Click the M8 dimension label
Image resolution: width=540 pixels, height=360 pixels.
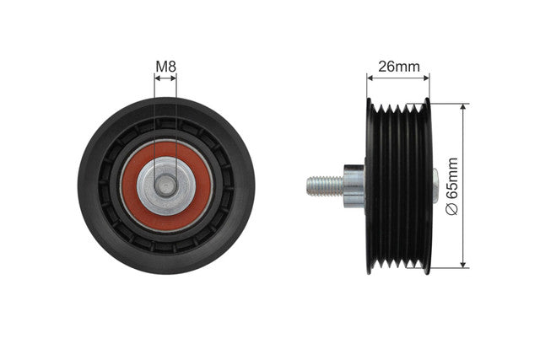coord(165,67)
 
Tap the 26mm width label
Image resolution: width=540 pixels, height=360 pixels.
coord(399,67)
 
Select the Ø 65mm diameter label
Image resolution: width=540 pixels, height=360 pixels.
coord(452,186)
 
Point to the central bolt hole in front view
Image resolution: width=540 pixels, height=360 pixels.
coord(165,185)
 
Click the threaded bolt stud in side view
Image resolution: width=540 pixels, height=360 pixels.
coord(325,185)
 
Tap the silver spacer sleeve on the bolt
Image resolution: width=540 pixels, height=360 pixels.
coord(354,185)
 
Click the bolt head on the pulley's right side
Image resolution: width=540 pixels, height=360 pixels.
coord(435,185)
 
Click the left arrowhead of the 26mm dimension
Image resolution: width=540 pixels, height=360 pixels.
coord(370,78)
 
